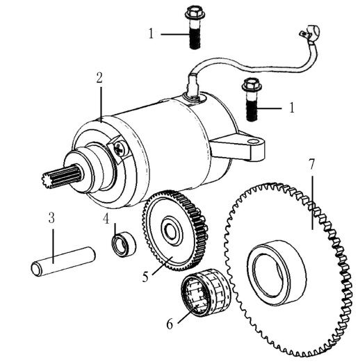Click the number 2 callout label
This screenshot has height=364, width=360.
click(99, 78)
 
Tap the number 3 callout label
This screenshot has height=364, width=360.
click(51, 218)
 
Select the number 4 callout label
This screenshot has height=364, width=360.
click(106, 219)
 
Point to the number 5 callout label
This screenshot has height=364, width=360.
click(145, 276)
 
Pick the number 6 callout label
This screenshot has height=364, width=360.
click(170, 324)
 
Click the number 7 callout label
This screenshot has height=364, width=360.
click(311, 165)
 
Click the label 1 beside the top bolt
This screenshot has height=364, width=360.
click(152, 33)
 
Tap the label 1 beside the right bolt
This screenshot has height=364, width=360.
click(292, 108)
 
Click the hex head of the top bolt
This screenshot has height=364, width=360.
click(195, 13)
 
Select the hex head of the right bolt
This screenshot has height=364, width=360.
click(252, 85)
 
